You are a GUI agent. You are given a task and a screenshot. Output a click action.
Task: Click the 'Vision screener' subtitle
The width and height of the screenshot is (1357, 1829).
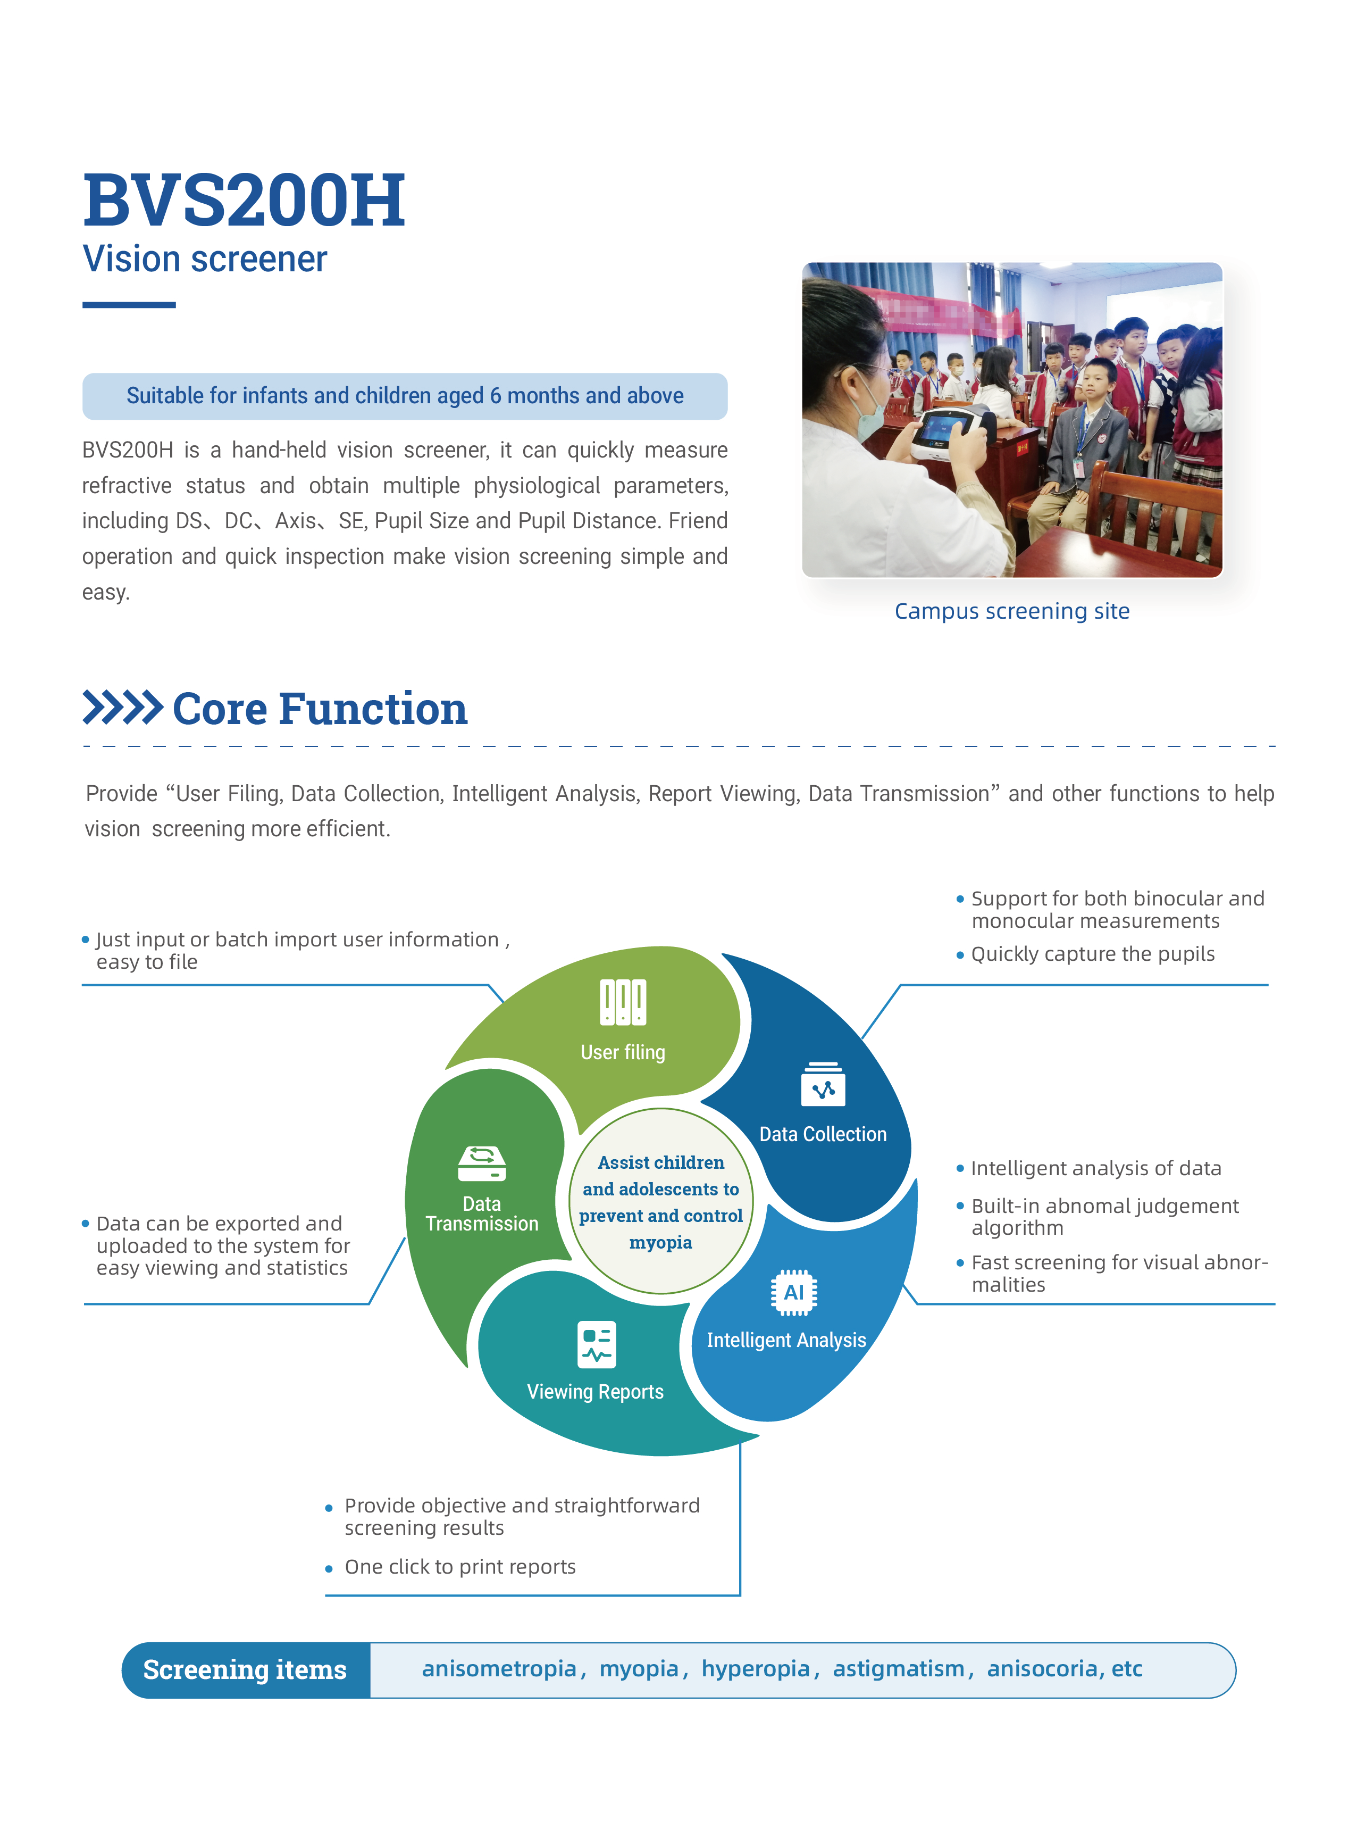(205, 259)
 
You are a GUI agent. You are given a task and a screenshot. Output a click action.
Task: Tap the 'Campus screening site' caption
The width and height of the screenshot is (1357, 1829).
(1011, 611)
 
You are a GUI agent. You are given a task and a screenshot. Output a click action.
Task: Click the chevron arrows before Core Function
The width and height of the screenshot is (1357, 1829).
(122, 708)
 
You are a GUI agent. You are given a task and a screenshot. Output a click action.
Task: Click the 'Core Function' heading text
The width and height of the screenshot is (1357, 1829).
(320, 709)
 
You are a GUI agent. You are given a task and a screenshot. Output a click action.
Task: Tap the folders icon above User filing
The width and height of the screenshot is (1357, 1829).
(623, 1002)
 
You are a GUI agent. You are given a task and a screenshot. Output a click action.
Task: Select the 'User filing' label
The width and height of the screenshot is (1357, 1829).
(623, 1052)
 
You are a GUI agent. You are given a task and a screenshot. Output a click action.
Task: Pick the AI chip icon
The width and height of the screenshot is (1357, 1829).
(793, 1292)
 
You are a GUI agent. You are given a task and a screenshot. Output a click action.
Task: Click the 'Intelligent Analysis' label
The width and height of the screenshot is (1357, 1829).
(786, 1340)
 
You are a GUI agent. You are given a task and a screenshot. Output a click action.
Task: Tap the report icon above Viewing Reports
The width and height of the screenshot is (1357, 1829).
(597, 1344)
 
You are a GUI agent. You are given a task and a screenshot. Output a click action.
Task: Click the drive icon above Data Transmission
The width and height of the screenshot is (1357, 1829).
(482, 1163)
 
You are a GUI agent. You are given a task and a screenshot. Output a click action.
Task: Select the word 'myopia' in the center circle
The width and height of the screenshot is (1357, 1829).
(660, 1242)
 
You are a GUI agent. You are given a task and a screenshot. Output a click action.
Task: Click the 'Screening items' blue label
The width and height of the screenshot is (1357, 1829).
(245, 1669)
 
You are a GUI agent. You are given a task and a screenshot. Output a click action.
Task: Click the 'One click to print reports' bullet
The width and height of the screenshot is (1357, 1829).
(460, 1567)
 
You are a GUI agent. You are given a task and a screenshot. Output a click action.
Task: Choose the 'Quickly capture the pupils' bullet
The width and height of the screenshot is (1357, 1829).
(1093, 954)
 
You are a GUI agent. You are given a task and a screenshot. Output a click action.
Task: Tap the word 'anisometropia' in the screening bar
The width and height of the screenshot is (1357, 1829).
(499, 1669)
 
